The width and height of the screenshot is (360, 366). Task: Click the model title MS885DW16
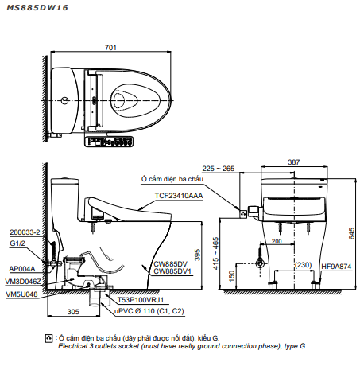(x=37, y=8)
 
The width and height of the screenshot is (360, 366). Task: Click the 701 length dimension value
(x=110, y=48)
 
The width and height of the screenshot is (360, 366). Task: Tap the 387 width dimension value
(x=294, y=162)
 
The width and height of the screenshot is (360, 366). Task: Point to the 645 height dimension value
(x=351, y=233)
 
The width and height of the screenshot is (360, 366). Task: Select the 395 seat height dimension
(x=197, y=255)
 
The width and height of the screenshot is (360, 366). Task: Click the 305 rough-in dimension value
(x=73, y=312)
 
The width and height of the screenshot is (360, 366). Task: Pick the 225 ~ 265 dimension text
(x=219, y=169)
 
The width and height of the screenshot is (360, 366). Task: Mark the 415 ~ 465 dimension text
(x=216, y=254)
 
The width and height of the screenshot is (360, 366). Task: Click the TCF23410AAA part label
(x=179, y=196)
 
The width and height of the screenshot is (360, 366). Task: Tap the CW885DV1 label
(x=172, y=271)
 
